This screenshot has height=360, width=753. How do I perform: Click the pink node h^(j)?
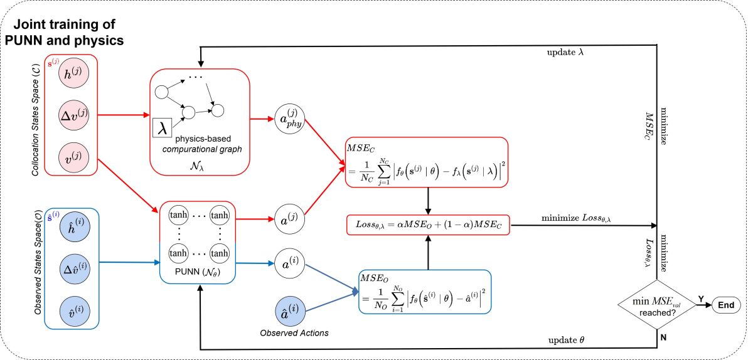[73, 73]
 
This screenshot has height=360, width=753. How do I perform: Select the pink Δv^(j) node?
[73, 115]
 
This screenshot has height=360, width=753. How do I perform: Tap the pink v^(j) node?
[73, 157]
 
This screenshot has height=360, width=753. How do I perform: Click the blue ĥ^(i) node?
[75, 227]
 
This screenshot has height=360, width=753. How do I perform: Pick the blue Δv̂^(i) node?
[75, 269]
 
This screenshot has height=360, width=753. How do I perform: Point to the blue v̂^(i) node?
[75, 311]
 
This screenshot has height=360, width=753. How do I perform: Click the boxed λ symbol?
[163, 128]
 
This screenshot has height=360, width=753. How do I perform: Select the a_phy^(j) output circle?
[289, 119]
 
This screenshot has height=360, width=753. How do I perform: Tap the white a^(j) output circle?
[289, 219]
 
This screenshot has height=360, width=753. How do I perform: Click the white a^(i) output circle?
[289, 263]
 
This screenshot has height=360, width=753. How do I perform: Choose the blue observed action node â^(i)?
[290, 311]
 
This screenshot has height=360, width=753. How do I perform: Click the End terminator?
[726, 305]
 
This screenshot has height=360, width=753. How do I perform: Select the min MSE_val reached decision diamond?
[657, 305]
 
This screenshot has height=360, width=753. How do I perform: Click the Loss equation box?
[428, 225]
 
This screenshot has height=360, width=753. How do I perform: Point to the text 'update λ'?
[565, 52]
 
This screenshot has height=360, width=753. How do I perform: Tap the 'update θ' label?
[566, 340]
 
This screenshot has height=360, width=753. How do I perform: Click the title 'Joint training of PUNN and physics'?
[64, 32]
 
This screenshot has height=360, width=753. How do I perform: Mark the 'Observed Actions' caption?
[294, 333]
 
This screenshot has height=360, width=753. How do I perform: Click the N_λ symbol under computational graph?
[197, 166]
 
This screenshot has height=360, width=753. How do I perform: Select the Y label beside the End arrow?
[701, 299]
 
